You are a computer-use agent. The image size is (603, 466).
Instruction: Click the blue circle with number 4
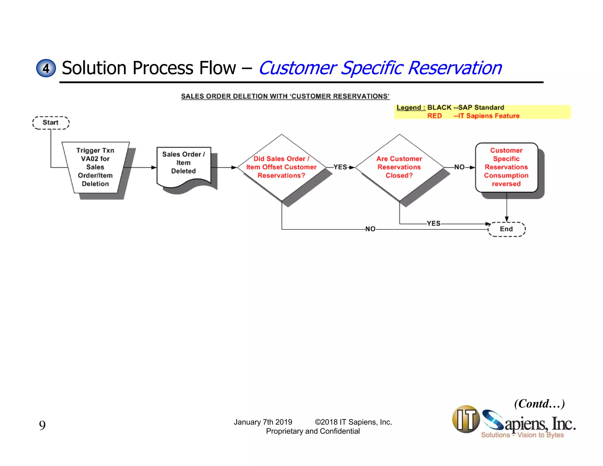tap(46, 68)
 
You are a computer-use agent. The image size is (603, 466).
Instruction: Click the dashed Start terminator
tap(51, 123)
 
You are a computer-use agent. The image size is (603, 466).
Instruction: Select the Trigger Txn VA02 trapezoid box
tap(95, 167)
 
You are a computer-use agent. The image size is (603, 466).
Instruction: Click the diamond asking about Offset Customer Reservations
tap(281, 167)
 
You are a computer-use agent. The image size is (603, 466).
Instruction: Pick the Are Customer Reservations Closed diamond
tap(399, 167)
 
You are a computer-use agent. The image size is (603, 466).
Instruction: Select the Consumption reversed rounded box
tap(506, 167)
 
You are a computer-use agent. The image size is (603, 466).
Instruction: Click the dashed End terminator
tap(506, 229)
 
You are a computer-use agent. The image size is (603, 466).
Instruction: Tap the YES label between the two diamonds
tap(340, 167)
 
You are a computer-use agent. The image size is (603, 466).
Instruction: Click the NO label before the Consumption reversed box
tap(459, 167)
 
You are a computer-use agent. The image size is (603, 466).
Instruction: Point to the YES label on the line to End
tap(433, 223)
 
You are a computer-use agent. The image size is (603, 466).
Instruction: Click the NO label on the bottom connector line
tap(370, 229)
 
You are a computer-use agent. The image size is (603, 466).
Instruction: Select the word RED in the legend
tap(435, 116)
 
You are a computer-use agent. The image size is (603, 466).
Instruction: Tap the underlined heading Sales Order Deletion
tap(285, 96)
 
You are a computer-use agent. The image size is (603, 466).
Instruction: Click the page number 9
tap(42, 425)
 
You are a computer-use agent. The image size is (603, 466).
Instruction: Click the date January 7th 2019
tap(263, 422)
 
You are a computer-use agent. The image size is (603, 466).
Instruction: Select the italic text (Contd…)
tap(539, 404)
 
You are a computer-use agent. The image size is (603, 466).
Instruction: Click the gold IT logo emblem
tap(466, 419)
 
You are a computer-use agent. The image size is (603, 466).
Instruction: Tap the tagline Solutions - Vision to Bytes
tap(522, 435)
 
